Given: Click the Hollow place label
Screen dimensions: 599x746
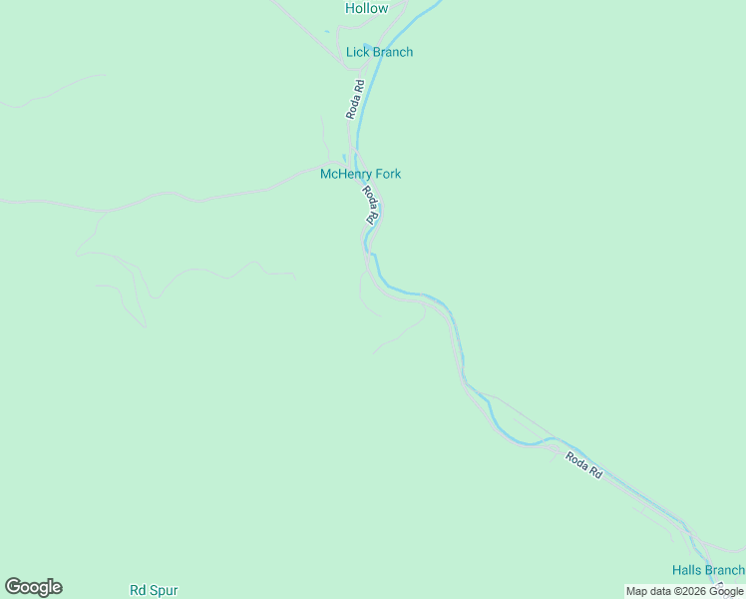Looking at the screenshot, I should (x=366, y=8).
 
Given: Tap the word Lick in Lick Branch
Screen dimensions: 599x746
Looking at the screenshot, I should (x=357, y=52).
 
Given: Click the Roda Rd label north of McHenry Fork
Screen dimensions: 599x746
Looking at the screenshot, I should (x=354, y=101).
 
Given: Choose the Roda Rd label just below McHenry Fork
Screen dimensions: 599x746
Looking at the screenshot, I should (x=370, y=204).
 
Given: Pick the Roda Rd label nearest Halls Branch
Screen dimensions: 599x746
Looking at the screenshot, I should (x=584, y=465).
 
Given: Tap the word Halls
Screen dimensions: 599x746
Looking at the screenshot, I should (x=686, y=570).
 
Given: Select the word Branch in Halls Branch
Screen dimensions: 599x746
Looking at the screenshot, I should (x=725, y=570).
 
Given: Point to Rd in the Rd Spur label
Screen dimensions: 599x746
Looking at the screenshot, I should (x=138, y=590).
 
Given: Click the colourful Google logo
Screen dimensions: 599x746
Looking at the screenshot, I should (x=33, y=587).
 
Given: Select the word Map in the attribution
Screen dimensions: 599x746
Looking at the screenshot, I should (x=637, y=591).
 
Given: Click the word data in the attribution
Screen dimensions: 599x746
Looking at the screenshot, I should (x=662, y=591).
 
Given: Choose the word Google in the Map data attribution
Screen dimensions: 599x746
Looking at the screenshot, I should (x=727, y=591).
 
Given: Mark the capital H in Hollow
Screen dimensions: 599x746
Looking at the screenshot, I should (x=351, y=8).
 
